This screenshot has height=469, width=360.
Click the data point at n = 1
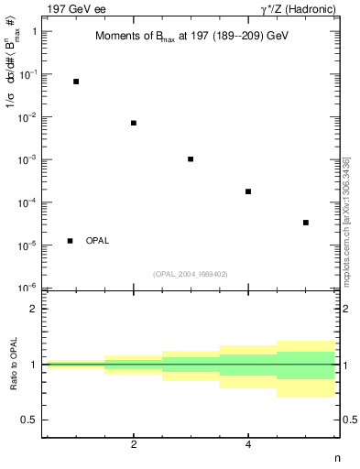[x=76, y=82]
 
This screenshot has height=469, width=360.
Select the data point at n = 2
[x=134, y=123]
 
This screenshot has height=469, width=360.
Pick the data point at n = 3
[x=191, y=159]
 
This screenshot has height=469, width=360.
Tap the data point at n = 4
[x=248, y=191]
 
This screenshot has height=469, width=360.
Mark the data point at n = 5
[x=306, y=223]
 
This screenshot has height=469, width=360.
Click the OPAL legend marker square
[x=71, y=241]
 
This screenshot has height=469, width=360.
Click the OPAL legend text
[x=97, y=241]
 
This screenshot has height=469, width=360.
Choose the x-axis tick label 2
[x=134, y=446]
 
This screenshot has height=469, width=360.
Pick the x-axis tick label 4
[x=248, y=446]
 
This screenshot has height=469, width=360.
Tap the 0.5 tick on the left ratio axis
[x=28, y=420]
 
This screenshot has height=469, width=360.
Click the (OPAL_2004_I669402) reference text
[x=190, y=273]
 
